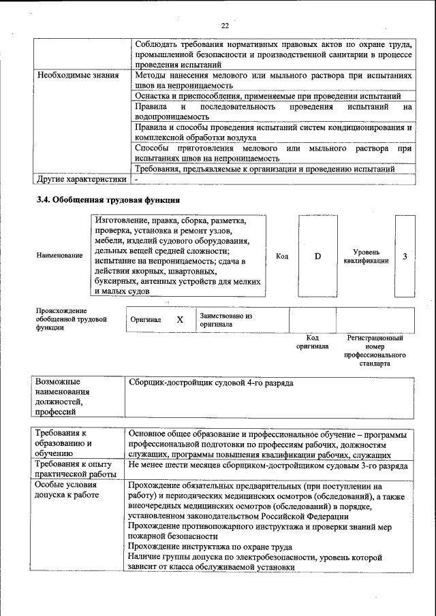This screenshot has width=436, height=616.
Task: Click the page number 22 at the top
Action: tap(225, 26)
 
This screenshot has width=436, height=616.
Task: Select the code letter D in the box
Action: tap(317, 256)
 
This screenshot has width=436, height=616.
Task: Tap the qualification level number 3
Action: tap(405, 256)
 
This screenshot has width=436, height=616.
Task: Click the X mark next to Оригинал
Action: tap(180, 319)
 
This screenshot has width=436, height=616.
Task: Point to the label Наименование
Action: tap(59, 256)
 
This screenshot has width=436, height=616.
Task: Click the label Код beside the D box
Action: tap(282, 256)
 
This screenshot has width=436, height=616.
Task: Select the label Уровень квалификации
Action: tap(366, 256)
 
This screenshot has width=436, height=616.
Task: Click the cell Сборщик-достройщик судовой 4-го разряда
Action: tap(211, 383)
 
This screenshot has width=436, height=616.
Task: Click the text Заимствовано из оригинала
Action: tap(226, 320)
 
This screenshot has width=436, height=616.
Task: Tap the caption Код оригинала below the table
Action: tap(312, 342)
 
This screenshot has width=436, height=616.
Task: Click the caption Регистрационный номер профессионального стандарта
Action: tap(375, 350)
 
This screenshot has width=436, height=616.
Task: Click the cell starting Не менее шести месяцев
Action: tap(267, 465)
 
